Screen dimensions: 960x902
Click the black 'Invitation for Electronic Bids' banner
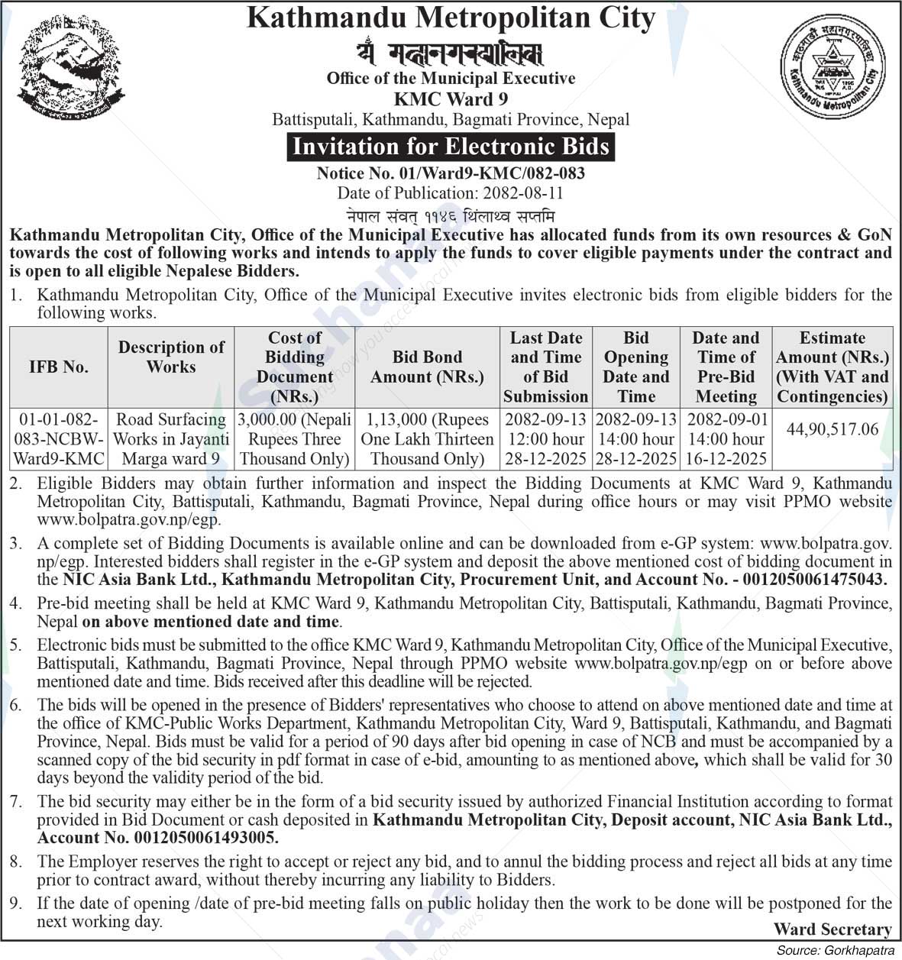pos(451,146)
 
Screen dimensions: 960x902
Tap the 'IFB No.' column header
pos(58,367)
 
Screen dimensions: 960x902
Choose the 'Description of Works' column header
pos(171,357)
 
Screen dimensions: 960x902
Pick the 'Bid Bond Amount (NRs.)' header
pos(427,367)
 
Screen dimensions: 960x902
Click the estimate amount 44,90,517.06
pos(832,429)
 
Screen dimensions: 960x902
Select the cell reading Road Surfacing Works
pos(171,439)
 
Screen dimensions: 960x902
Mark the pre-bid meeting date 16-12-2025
pos(726,459)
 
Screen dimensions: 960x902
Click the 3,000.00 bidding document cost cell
pos(295,439)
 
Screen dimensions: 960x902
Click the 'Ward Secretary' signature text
pos(832,929)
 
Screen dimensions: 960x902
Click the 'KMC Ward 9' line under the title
pos(451,99)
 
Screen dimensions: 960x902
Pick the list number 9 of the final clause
pos(16,904)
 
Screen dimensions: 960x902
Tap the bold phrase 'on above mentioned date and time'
pos(211,622)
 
